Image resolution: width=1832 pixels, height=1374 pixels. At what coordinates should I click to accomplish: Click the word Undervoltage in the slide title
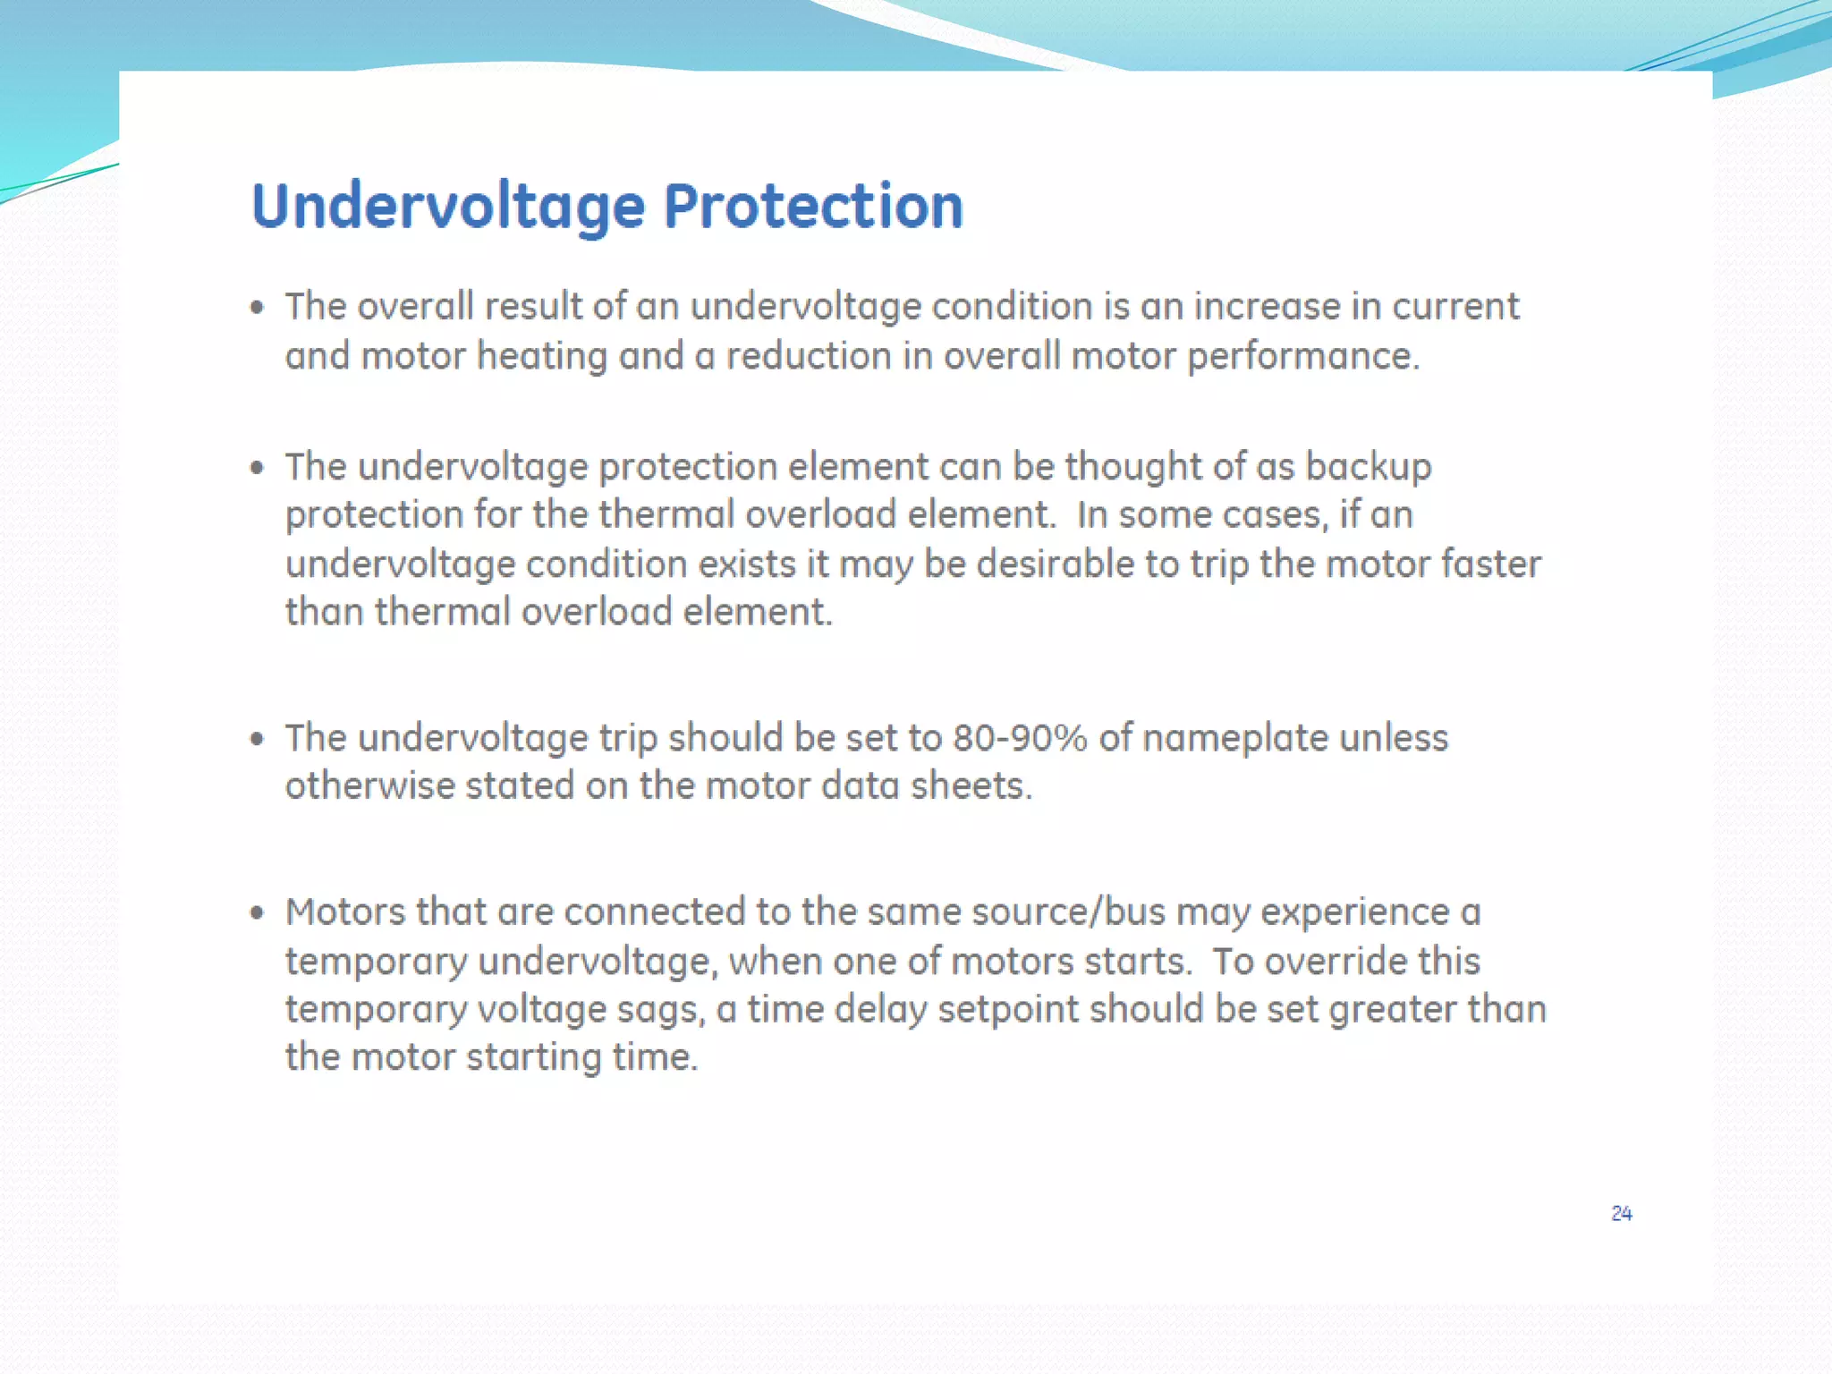click(x=447, y=208)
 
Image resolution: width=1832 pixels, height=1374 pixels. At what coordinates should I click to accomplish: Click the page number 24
click(x=1621, y=1213)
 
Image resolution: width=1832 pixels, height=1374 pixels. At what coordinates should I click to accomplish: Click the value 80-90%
click(x=1020, y=738)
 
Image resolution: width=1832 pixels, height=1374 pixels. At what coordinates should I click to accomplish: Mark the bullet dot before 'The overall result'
click(x=258, y=309)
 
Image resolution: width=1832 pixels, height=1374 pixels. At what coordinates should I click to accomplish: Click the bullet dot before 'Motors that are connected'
click(x=258, y=913)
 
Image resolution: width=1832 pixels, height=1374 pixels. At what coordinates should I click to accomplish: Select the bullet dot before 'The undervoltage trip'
click(x=258, y=739)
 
